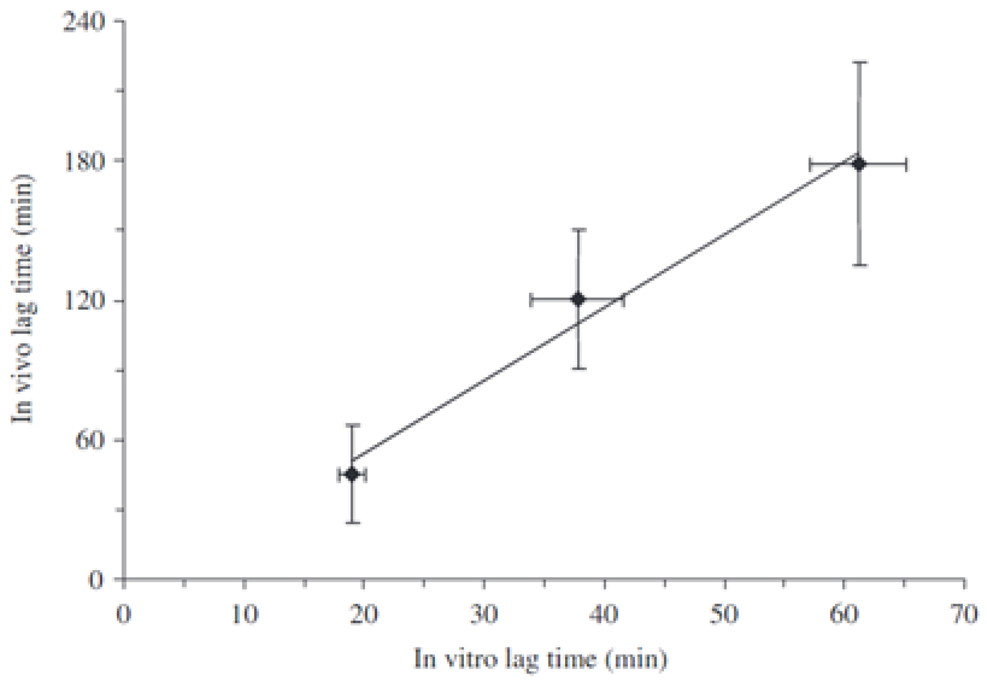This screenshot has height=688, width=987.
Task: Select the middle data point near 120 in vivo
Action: click(x=578, y=299)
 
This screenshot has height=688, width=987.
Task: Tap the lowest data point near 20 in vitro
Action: click(x=352, y=475)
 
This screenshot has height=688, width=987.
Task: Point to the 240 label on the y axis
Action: click(x=84, y=21)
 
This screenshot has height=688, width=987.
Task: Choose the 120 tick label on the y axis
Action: click(x=84, y=301)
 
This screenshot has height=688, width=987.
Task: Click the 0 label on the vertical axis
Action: click(x=96, y=580)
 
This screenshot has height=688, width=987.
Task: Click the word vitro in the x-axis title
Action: click(x=471, y=659)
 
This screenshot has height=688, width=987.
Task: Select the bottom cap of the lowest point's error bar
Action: click(x=353, y=523)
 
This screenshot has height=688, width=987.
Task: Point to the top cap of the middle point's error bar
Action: click(x=579, y=230)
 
